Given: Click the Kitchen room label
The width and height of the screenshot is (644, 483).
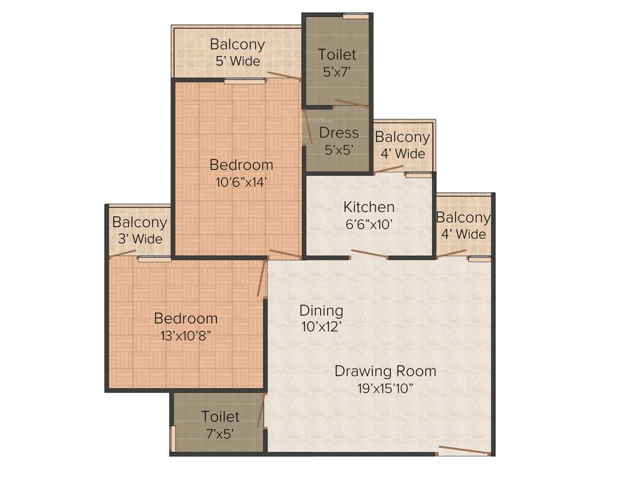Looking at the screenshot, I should pyautogui.click(x=369, y=207).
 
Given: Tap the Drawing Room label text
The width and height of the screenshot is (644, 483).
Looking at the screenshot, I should pyautogui.click(x=385, y=371).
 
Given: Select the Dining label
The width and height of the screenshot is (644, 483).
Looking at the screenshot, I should pyautogui.click(x=321, y=311).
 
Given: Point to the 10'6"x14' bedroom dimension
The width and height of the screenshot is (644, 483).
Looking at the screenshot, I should pyautogui.click(x=241, y=182).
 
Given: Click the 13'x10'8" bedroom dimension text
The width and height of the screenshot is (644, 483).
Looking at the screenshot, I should pyautogui.click(x=186, y=335).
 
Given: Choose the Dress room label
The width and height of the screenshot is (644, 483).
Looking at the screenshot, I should pyautogui.click(x=339, y=133).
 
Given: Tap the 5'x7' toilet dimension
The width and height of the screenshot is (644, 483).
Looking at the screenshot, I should pyautogui.click(x=337, y=72).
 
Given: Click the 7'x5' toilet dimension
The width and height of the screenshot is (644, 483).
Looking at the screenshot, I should pyautogui.click(x=220, y=433).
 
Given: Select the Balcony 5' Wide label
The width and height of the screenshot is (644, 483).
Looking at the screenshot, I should pyautogui.click(x=237, y=53).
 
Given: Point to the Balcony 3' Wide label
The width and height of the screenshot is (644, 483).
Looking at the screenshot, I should pyautogui.click(x=140, y=230).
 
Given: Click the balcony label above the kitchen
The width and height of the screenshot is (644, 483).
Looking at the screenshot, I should pyautogui.click(x=402, y=145).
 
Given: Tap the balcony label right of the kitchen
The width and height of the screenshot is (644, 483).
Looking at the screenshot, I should pyautogui.click(x=463, y=226).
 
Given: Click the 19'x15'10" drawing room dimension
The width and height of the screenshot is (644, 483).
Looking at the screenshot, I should pyautogui.click(x=385, y=388).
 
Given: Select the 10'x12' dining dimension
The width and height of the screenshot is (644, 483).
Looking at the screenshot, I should pyautogui.click(x=321, y=327).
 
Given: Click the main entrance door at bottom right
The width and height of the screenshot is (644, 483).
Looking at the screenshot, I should pyautogui.click(x=464, y=450).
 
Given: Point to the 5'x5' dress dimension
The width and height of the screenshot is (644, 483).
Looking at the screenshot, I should pyautogui.click(x=339, y=150).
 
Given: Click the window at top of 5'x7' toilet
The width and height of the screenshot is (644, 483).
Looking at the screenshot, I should pyautogui.click(x=355, y=15).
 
